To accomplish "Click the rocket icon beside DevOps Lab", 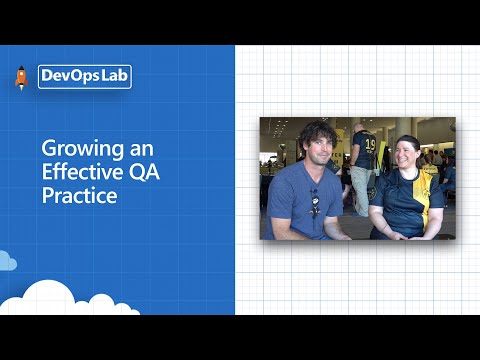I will pyautogui.click(x=21, y=78).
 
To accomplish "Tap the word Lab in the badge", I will pyautogui.click(x=112, y=77).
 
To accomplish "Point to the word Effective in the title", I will pyautogui.click(x=80, y=172).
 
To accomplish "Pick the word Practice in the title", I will pyautogui.click(x=80, y=195).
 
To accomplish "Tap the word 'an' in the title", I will pyautogui.click(x=142, y=149).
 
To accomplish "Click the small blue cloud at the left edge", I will pyautogui.click(x=8, y=262).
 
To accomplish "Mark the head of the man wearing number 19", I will pyautogui.click(x=360, y=127).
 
